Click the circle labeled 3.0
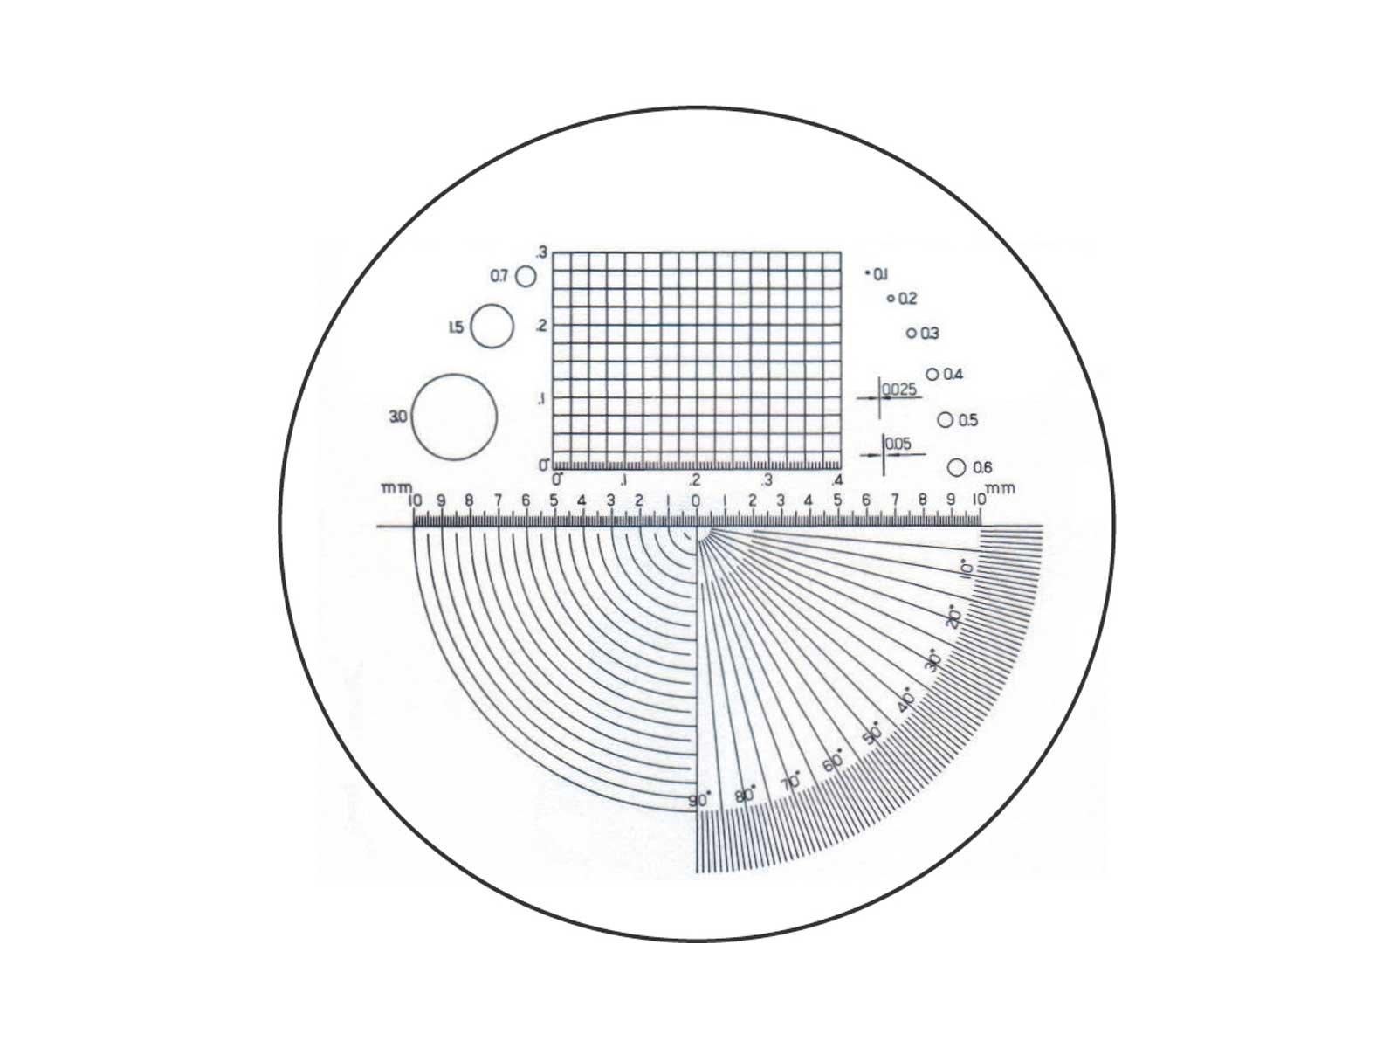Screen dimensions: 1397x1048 pos(412,417)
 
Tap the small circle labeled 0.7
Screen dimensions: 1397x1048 pos(515,276)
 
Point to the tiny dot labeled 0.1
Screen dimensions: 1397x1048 pos(867,273)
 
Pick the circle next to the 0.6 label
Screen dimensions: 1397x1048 pos(947,468)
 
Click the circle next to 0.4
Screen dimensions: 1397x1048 pos(926,374)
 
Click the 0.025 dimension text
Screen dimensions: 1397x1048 pos(900,389)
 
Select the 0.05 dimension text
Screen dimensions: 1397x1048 pos(898,444)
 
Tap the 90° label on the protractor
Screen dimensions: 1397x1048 pos(698,801)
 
